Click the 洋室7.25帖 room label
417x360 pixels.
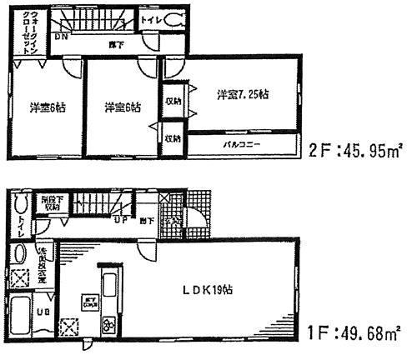[x=243, y=93]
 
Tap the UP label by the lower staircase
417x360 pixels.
[x=121, y=221]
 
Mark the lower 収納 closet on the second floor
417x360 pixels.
[x=172, y=138]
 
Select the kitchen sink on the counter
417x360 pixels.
[x=108, y=279]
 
